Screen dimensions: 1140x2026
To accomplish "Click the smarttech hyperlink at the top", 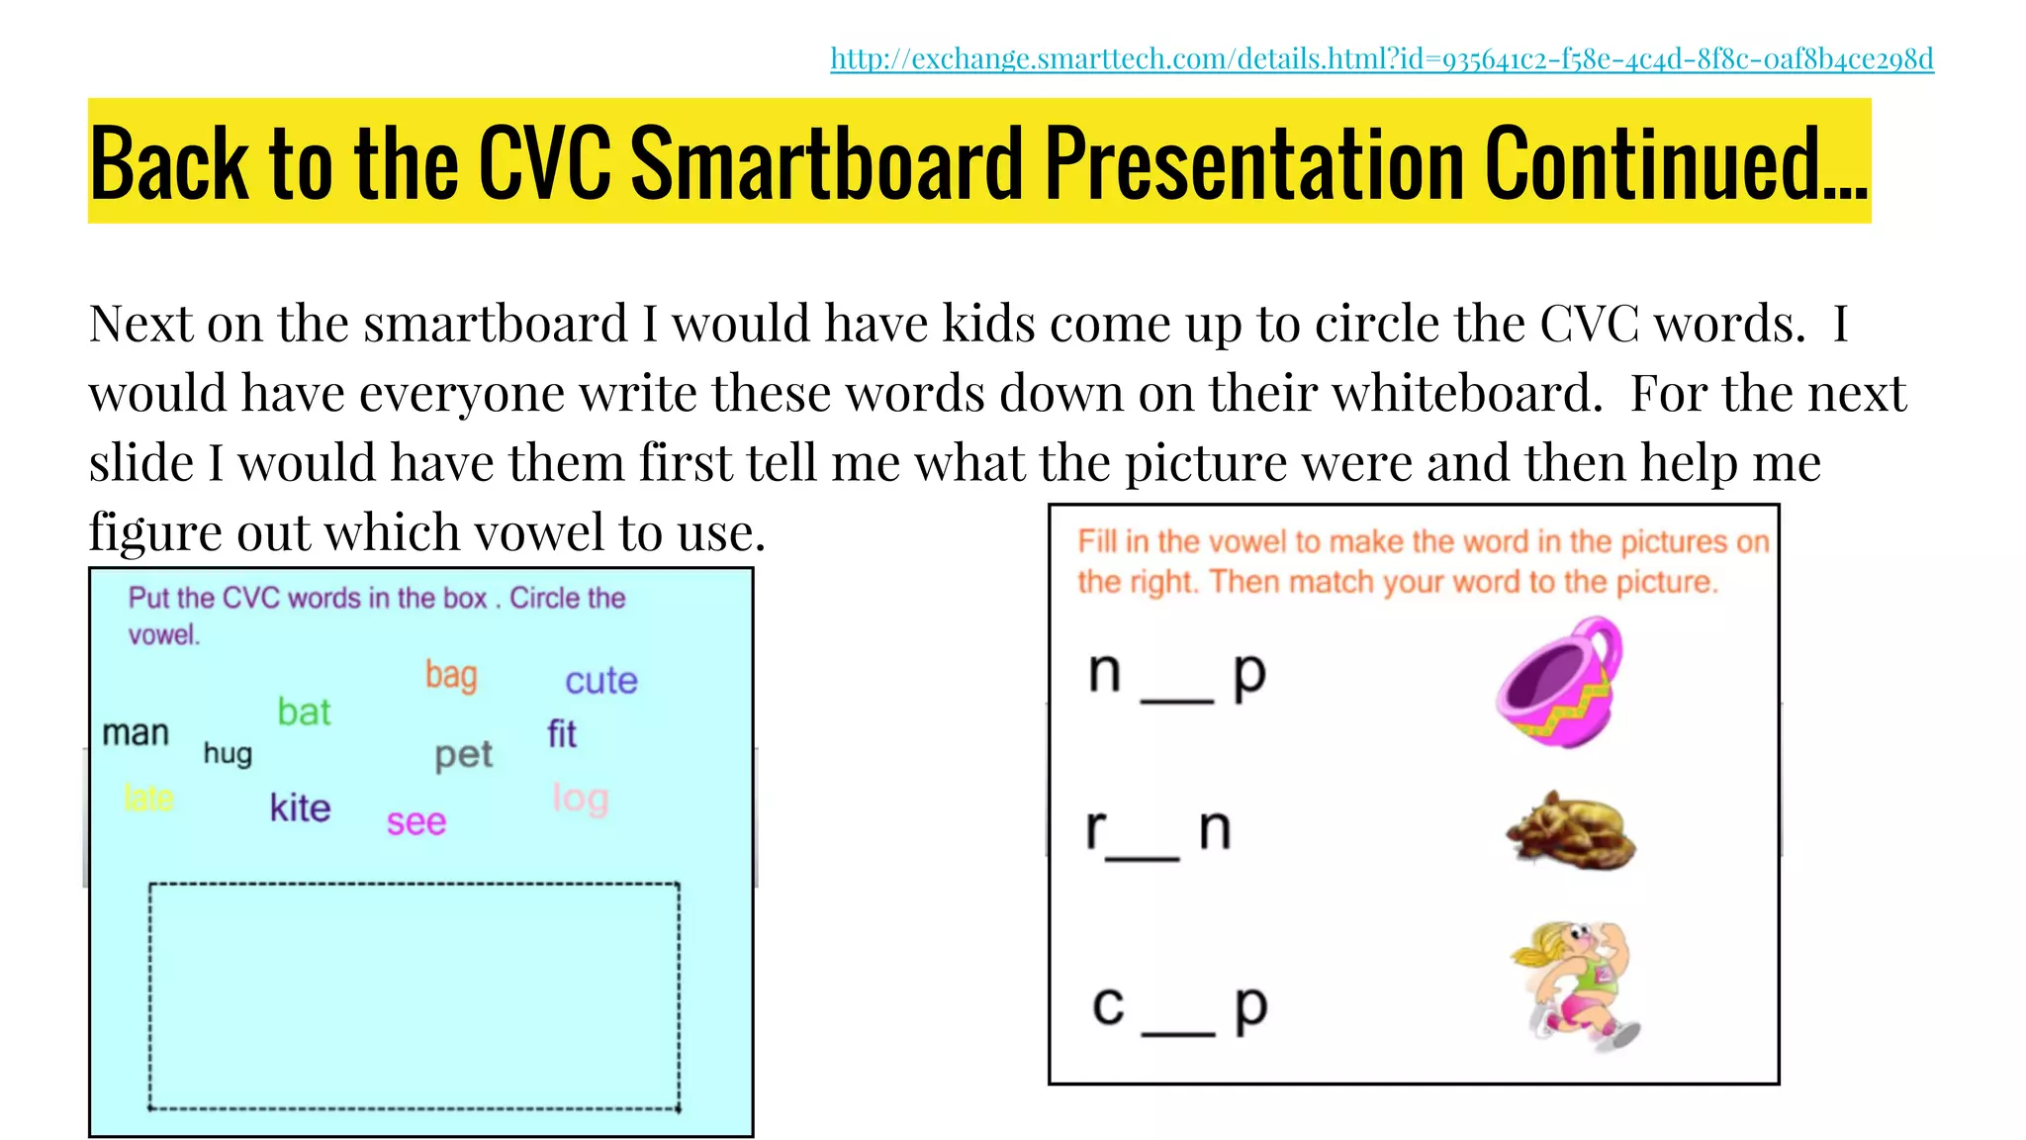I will pyautogui.click(x=1381, y=59).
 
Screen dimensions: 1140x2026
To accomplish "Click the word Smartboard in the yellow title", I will pyautogui.click(x=826, y=163).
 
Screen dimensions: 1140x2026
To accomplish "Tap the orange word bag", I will pyautogui.click(x=451, y=676).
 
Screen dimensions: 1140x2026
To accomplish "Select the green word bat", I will pyautogui.click(x=304, y=712).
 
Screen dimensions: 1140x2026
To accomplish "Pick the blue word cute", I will pyautogui.click(x=601, y=681).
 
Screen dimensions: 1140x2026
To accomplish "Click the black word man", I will pyautogui.click(x=136, y=733).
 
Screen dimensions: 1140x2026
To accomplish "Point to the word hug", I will pyautogui.click(x=228, y=754).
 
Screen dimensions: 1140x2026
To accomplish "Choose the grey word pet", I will pyautogui.click(x=463, y=755).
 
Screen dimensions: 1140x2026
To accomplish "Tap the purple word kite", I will pyautogui.click(x=300, y=808).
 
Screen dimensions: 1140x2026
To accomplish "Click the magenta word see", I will pyautogui.click(x=415, y=822).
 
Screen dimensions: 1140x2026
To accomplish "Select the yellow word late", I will pyautogui.click(x=148, y=798).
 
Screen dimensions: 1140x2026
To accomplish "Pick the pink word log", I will pyautogui.click(x=580, y=799).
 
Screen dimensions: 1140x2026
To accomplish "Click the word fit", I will pyautogui.click(x=562, y=734).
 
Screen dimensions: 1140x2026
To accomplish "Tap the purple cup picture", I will pyautogui.click(x=1560, y=682).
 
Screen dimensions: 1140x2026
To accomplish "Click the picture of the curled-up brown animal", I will pyautogui.click(x=1570, y=832).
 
